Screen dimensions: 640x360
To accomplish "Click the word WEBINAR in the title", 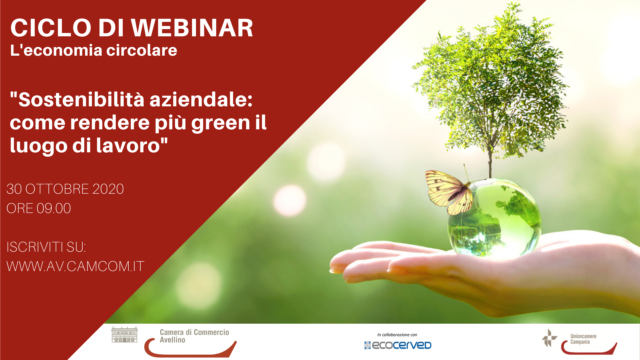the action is (x=192, y=28).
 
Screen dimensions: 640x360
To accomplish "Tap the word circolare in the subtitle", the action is (x=142, y=50).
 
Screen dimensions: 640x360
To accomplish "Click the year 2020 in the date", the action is (x=108, y=189).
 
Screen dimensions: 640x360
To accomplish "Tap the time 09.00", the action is (x=54, y=208).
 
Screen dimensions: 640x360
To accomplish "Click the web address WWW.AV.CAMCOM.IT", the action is (x=75, y=266).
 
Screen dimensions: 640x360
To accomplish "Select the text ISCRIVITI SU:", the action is (x=46, y=247).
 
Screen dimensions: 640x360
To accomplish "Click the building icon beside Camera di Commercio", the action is (x=124, y=335).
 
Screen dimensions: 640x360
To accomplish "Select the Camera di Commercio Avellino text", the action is (x=194, y=336).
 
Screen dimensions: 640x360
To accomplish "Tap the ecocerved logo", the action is (x=398, y=345).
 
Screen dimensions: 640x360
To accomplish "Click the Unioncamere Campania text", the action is (x=583, y=339).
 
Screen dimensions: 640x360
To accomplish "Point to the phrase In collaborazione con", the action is (x=397, y=335).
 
